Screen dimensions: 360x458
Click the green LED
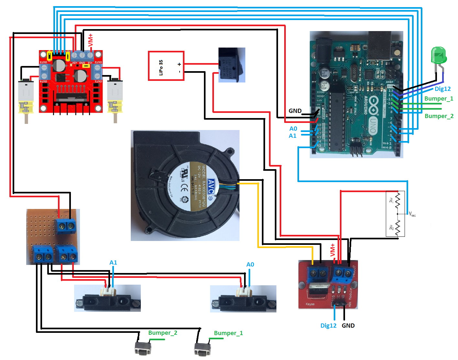(439, 56)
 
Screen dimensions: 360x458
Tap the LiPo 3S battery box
(166, 66)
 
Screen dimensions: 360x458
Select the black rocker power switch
(231, 65)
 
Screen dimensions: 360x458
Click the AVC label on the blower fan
(211, 187)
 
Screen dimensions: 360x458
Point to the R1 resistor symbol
(398, 201)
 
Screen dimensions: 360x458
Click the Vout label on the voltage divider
(412, 214)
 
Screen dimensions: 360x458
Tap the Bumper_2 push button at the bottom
(143, 348)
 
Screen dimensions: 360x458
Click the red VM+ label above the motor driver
(90, 40)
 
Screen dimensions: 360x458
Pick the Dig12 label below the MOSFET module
(328, 325)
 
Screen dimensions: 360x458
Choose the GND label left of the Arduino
(295, 111)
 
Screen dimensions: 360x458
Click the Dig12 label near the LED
(442, 89)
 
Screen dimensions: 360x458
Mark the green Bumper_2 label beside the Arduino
(439, 116)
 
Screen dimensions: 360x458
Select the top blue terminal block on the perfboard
(66, 226)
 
